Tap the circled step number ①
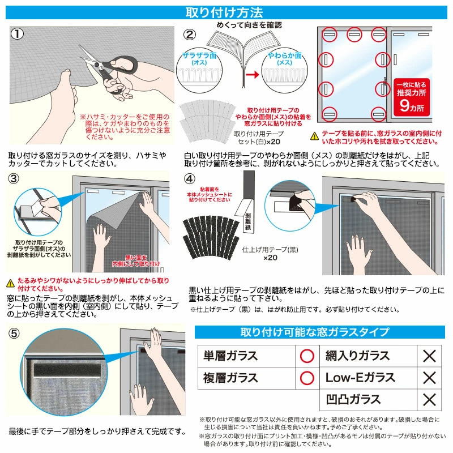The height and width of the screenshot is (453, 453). pyautogui.click(x=18, y=34)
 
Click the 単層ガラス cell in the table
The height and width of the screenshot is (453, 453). pyautogui.click(x=230, y=356)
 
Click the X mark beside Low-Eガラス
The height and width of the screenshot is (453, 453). pyautogui.click(x=429, y=377)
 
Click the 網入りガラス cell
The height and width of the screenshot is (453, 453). pyautogui.click(x=357, y=356)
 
